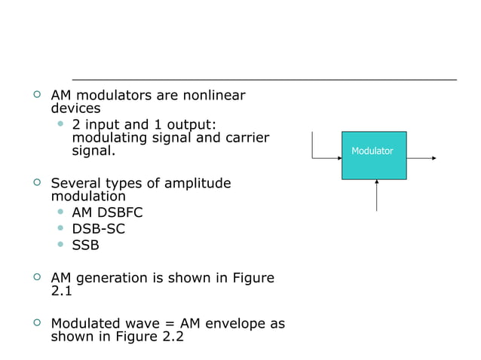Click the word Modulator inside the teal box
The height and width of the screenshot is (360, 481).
[x=372, y=151]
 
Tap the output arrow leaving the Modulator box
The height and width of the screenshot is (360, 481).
[x=421, y=158]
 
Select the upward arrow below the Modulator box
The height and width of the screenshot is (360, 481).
[x=376, y=195]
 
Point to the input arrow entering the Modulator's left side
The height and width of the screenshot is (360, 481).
[x=326, y=158]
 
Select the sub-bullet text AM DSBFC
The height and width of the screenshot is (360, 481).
[x=107, y=213]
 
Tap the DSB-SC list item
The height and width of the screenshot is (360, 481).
[x=98, y=229]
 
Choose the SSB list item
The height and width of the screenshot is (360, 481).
[x=85, y=245]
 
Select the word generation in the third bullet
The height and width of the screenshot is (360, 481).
[x=112, y=279]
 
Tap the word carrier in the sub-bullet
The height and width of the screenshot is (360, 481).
[x=245, y=138]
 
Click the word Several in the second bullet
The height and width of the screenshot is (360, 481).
[x=76, y=184]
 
